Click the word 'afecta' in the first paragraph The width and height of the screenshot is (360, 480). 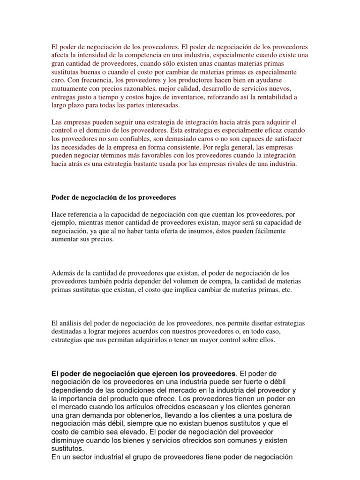coord(60,56)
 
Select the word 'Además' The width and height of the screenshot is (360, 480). coord(62,273)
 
